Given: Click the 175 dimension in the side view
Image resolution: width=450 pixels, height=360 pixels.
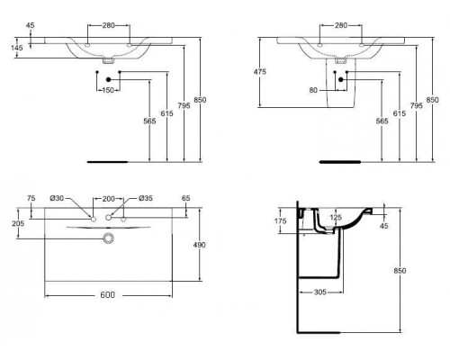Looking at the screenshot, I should coord(280,220).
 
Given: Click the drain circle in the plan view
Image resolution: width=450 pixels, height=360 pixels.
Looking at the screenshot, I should coord(109,238).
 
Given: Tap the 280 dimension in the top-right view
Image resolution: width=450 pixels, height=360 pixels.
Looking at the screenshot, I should coord(343,27).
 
